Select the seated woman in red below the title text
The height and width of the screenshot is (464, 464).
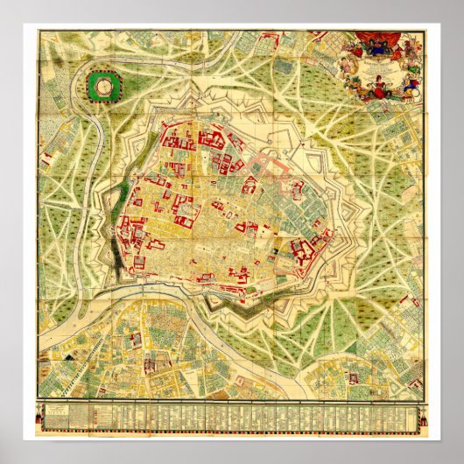[x=386, y=84]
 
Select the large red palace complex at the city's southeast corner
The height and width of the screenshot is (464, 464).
[x=312, y=250]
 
